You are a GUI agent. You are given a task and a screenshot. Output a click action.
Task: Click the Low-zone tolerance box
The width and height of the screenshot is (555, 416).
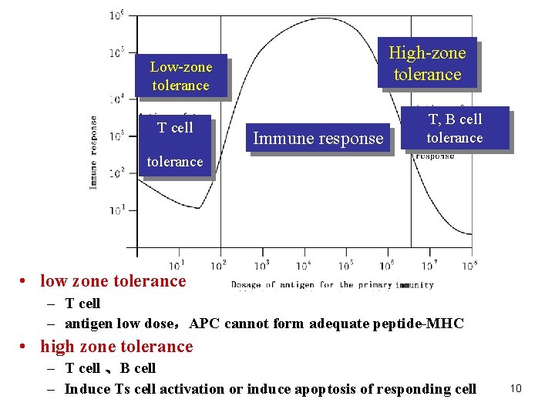(180, 75)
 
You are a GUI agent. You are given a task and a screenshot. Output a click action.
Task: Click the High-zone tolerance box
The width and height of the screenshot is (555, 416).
(427, 63)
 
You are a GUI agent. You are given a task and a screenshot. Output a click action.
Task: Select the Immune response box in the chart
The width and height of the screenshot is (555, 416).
(318, 139)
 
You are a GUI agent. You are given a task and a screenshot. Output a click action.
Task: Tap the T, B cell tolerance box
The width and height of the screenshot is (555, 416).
(454, 128)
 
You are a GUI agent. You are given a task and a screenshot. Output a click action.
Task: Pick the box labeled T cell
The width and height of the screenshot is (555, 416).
(175, 128)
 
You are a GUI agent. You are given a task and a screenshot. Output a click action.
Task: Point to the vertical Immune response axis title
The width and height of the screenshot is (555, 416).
(94, 153)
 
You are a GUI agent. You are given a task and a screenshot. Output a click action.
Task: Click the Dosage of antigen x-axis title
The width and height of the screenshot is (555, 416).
(332, 285)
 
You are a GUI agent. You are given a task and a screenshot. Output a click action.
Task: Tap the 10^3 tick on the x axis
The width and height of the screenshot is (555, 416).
(261, 265)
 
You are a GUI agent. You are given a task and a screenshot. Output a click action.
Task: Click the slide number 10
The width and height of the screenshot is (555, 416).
(516, 388)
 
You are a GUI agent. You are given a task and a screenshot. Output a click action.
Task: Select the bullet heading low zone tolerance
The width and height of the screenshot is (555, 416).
(113, 281)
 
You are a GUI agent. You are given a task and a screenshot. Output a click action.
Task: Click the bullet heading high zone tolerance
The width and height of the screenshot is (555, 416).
(116, 347)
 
